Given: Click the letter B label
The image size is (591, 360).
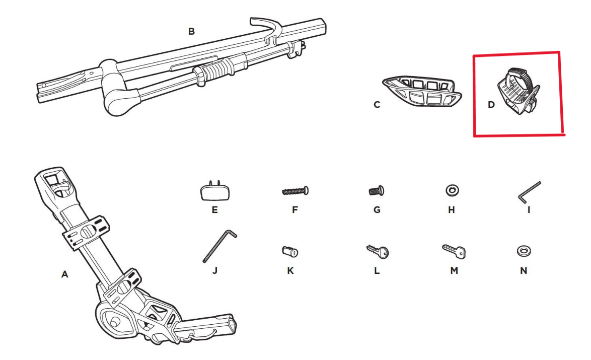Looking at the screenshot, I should coord(191,31).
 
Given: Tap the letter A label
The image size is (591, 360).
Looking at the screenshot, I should coord(64,274).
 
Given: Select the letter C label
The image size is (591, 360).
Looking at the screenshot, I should coord(377,105).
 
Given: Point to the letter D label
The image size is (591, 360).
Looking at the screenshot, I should coord(491,105).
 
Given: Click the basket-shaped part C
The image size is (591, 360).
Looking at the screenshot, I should coord(423,92).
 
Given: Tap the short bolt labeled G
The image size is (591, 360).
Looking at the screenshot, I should coord(377,191).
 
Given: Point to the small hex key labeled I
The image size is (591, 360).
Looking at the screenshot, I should coord(529,192).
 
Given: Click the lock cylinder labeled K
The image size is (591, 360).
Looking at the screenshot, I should coord(290,251).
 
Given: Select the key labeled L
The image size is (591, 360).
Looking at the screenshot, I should coord(378,251).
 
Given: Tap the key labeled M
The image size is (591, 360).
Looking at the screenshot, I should coord(454,250).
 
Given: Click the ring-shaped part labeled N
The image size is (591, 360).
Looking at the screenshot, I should coord(524,250).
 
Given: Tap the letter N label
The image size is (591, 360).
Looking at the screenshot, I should coord(524,270).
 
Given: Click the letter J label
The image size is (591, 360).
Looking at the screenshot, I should coord(215,270).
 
